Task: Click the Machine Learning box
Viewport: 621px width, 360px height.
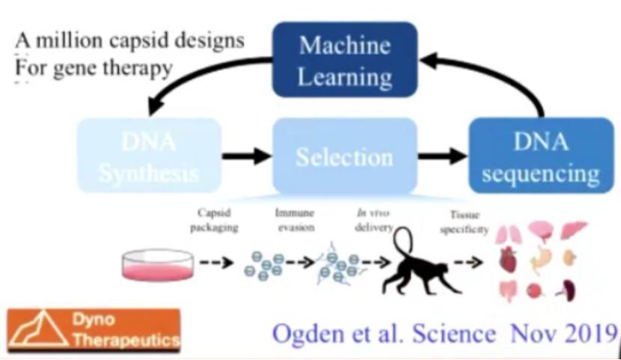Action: pyautogui.click(x=345, y=60)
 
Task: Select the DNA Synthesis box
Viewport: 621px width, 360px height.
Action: pyautogui.click(x=149, y=156)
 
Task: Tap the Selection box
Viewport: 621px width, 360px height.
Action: pyautogui.click(x=344, y=157)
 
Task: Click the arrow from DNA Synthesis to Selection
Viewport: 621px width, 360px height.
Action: pyautogui.click(x=246, y=156)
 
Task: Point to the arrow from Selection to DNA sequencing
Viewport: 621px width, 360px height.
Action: pyautogui.click(x=442, y=156)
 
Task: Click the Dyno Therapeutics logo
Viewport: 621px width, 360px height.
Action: pyautogui.click(x=94, y=329)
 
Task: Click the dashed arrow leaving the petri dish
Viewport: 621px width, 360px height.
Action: pyautogui.click(x=217, y=263)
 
